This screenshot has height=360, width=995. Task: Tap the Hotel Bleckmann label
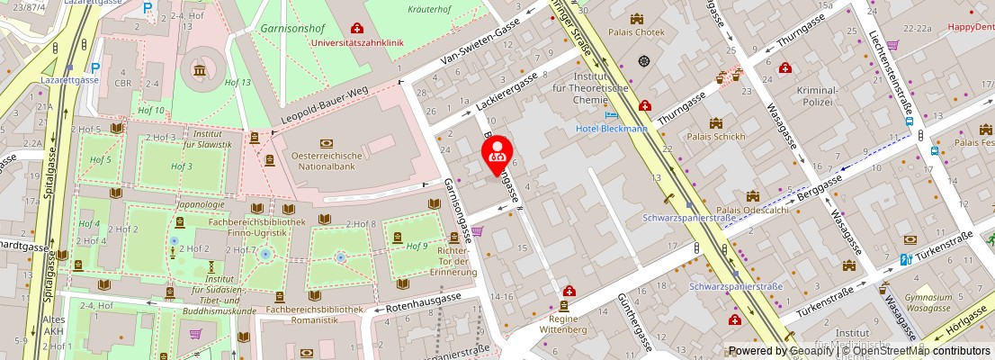612,129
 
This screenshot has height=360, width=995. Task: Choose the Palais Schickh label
715,137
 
